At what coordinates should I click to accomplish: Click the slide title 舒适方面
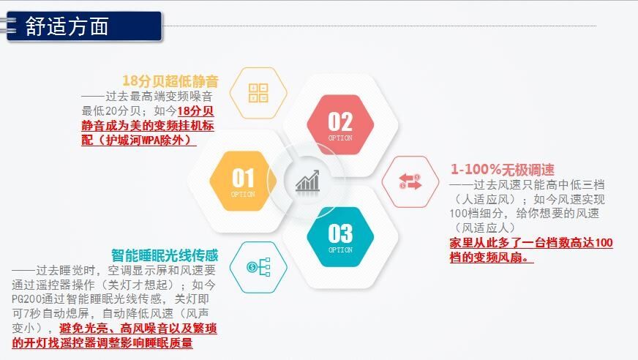(x=67, y=27)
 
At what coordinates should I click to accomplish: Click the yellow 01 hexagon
(x=243, y=181)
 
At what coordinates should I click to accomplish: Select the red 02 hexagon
(x=340, y=125)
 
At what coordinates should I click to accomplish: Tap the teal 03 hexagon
(x=340, y=237)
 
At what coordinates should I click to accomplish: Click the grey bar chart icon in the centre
(x=307, y=181)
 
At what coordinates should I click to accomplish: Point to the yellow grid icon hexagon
(x=258, y=93)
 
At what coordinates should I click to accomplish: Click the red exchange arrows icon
(x=410, y=181)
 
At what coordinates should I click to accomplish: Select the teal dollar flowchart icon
(x=258, y=267)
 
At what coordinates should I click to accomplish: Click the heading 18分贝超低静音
(x=170, y=81)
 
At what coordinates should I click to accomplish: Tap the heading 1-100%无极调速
(x=503, y=170)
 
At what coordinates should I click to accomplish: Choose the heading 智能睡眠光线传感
(x=165, y=255)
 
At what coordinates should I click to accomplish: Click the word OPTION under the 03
(x=340, y=250)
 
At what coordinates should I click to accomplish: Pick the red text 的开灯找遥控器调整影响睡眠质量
(x=102, y=342)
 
